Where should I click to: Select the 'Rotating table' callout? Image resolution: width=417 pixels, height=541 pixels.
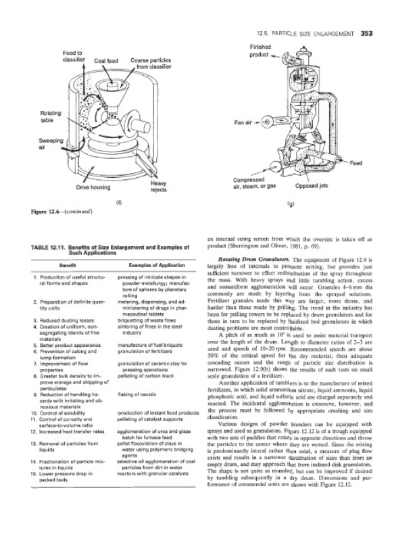pos(32,115)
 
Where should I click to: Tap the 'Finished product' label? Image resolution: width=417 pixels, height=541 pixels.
pos(261,51)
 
